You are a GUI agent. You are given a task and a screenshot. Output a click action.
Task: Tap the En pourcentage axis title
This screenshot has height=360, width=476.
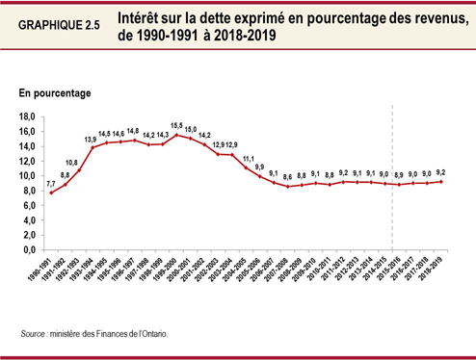click(x=55, y=93)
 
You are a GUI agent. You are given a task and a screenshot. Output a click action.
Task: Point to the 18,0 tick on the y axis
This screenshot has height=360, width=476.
click(x=28, y=116)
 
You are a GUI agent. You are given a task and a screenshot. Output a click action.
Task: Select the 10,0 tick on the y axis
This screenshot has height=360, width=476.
click(x=28, y=176)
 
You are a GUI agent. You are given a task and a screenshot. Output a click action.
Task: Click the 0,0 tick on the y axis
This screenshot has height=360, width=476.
click(x=30, y=249)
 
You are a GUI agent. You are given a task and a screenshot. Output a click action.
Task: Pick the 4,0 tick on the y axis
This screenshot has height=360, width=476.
click(x=30, y=220)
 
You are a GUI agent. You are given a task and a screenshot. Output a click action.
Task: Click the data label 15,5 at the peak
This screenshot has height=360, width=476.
click(x=176, y=126)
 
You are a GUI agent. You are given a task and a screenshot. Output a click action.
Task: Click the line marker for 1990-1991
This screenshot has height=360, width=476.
click(x=51, y=193)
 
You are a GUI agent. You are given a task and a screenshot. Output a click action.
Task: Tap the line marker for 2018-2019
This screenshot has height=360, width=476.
click(x=442, y=181)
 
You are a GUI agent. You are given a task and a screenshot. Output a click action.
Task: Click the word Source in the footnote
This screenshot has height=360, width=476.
click(x=36, y=333)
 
